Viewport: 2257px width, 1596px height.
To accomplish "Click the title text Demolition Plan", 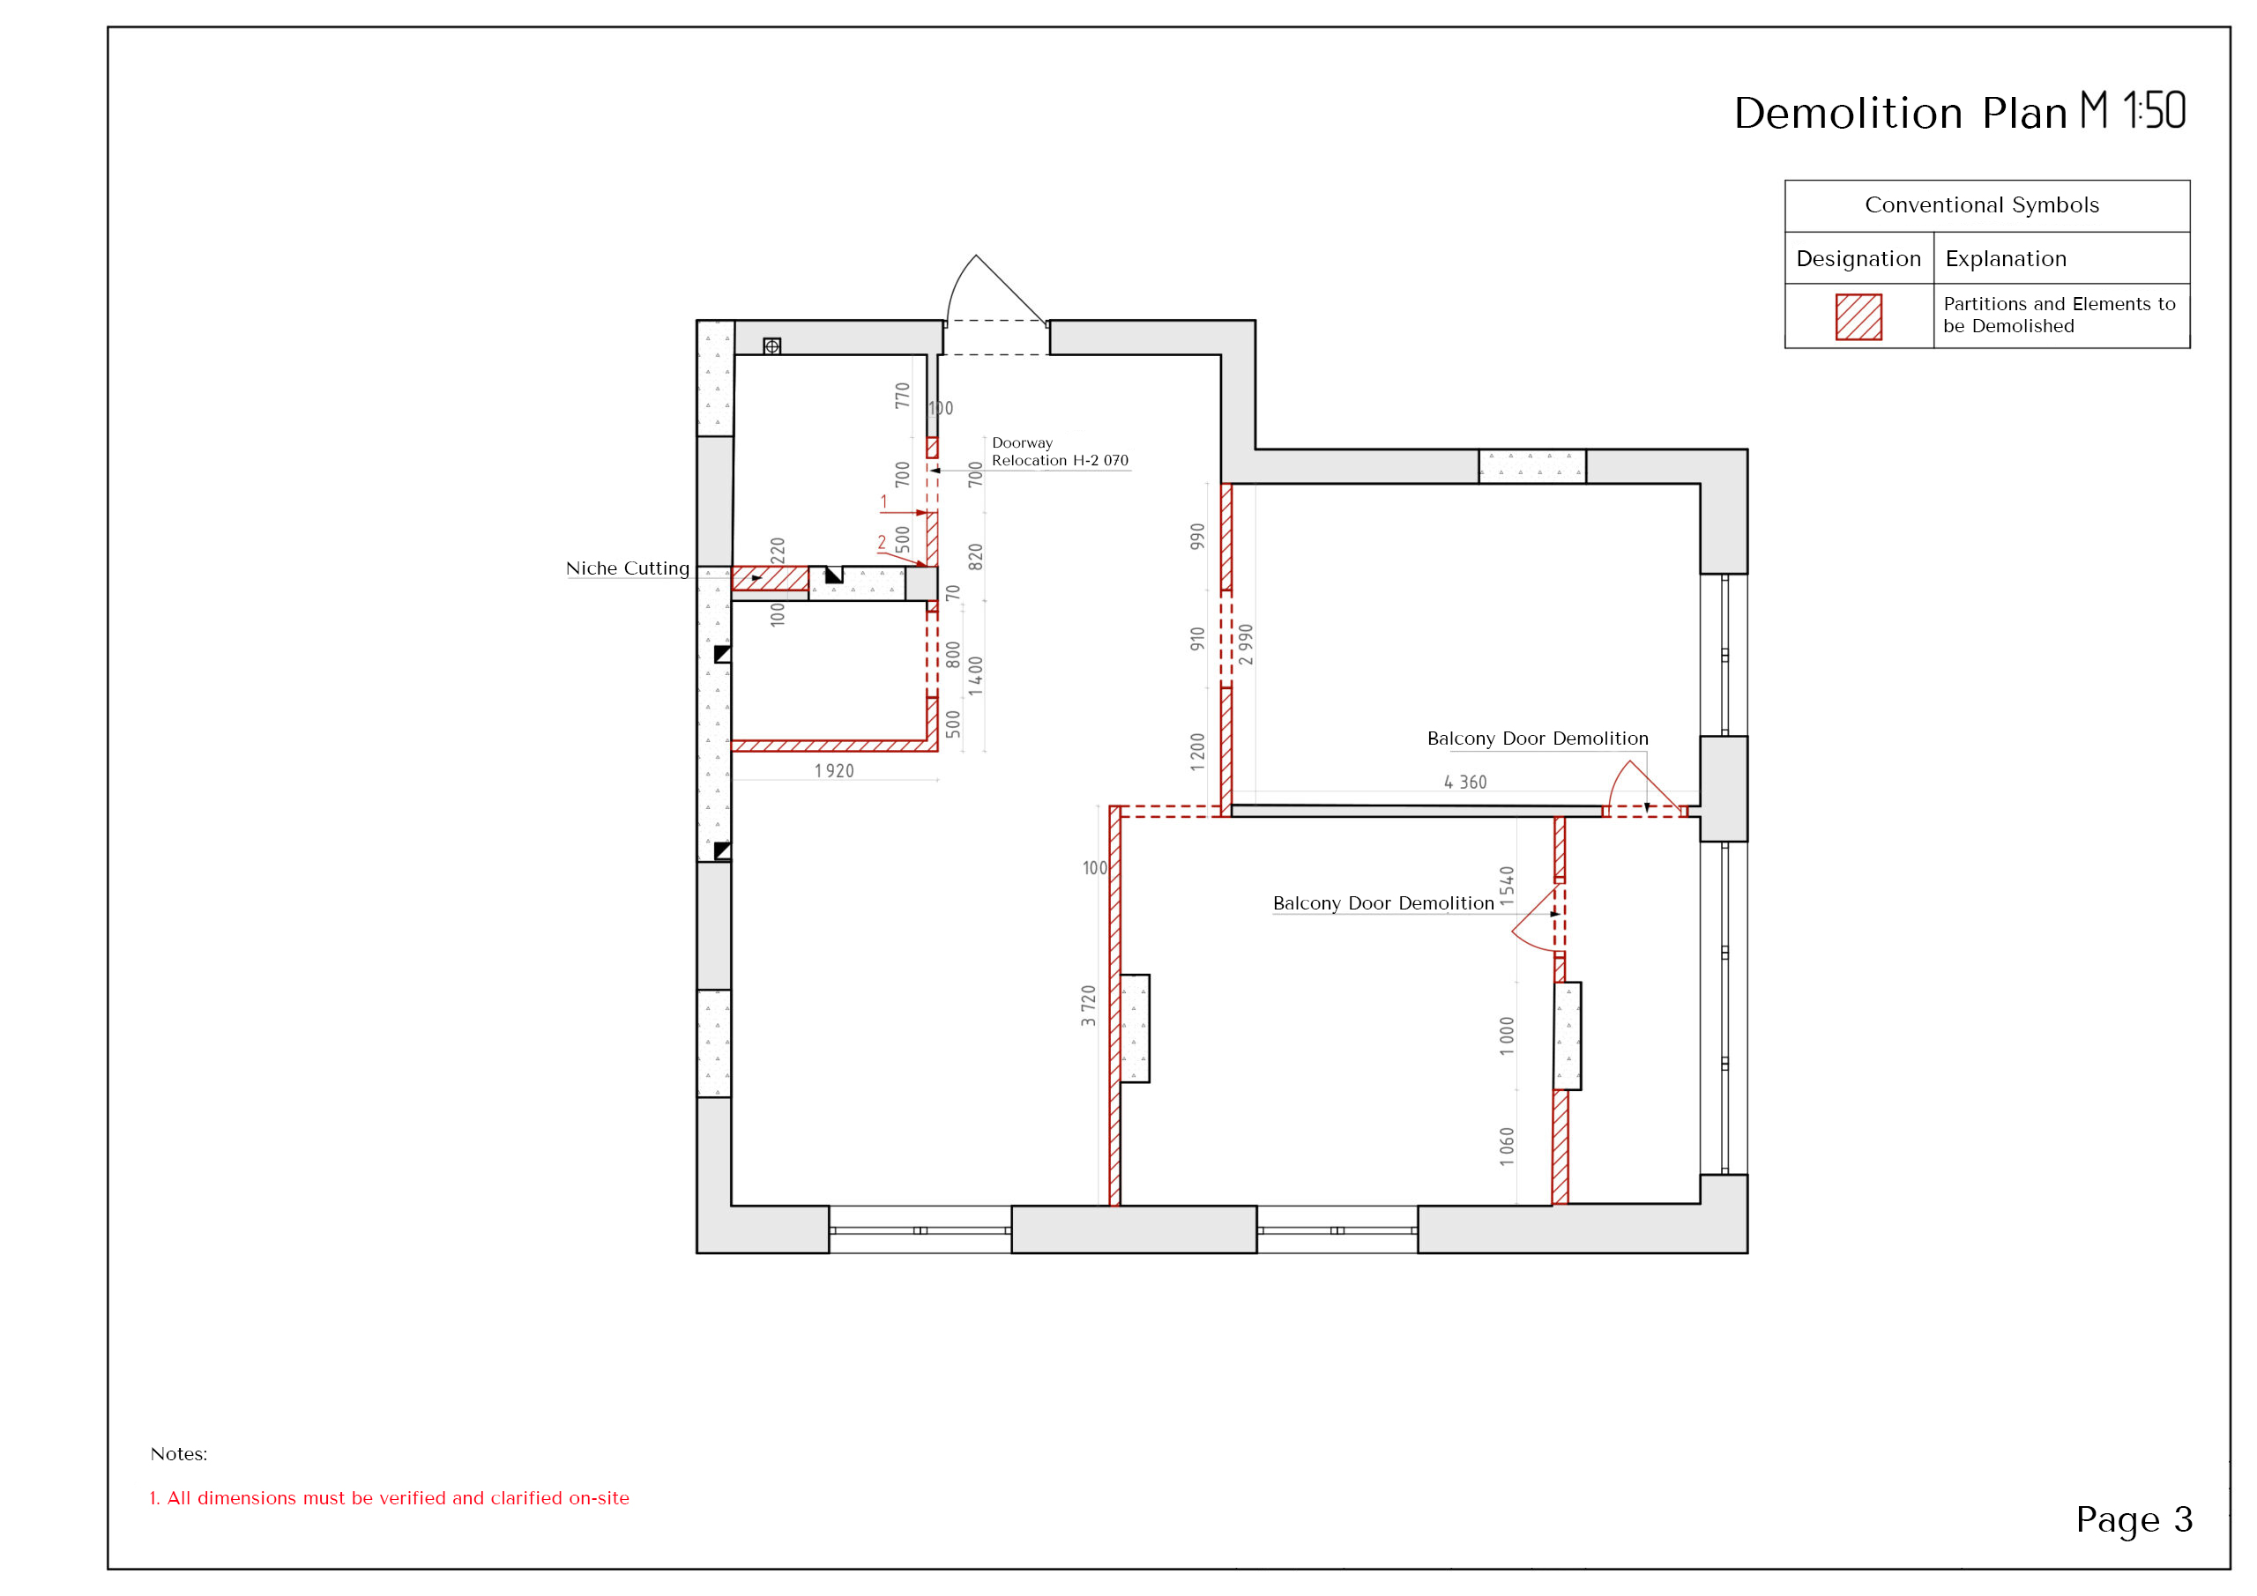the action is coord(1899,113).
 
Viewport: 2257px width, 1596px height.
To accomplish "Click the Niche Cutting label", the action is coord(627,568).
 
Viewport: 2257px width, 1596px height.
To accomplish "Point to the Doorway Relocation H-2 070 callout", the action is coord(1060,451).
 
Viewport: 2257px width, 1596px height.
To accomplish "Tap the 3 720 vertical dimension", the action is coord(1088,1006).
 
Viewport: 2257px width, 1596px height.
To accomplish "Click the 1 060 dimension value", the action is coord(1507,1147).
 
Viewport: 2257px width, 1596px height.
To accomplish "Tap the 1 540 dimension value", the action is coord(1507,887).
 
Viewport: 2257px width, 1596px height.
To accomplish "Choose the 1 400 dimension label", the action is coord(975,676).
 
